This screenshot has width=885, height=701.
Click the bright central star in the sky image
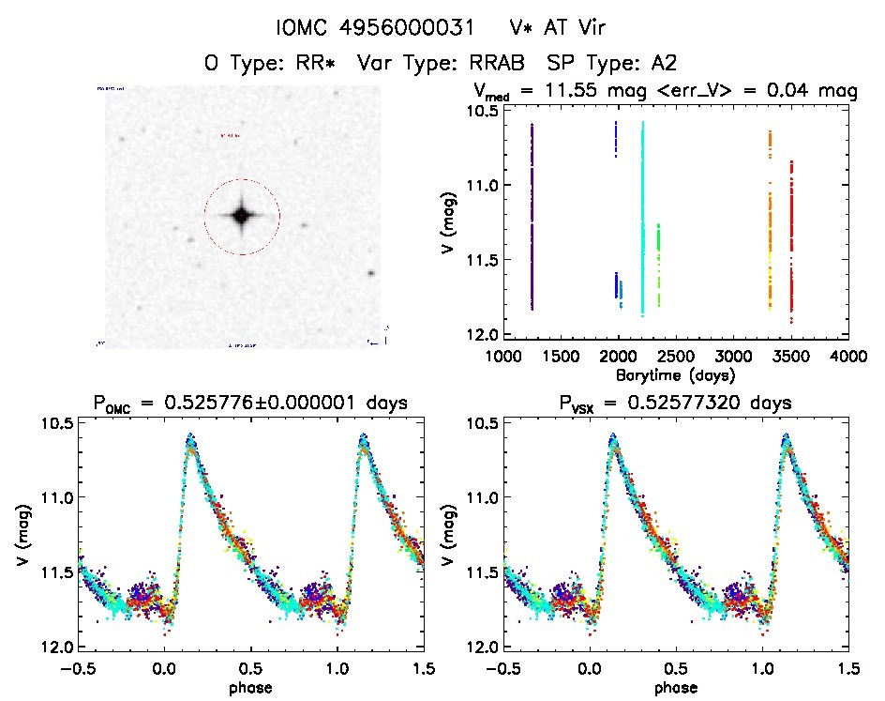(x=241, y=216)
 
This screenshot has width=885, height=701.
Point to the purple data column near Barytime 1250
(x=532, y=216)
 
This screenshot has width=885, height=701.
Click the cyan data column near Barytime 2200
(x=642, y=216)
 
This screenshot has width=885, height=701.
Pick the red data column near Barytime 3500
(x=791, y=235)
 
